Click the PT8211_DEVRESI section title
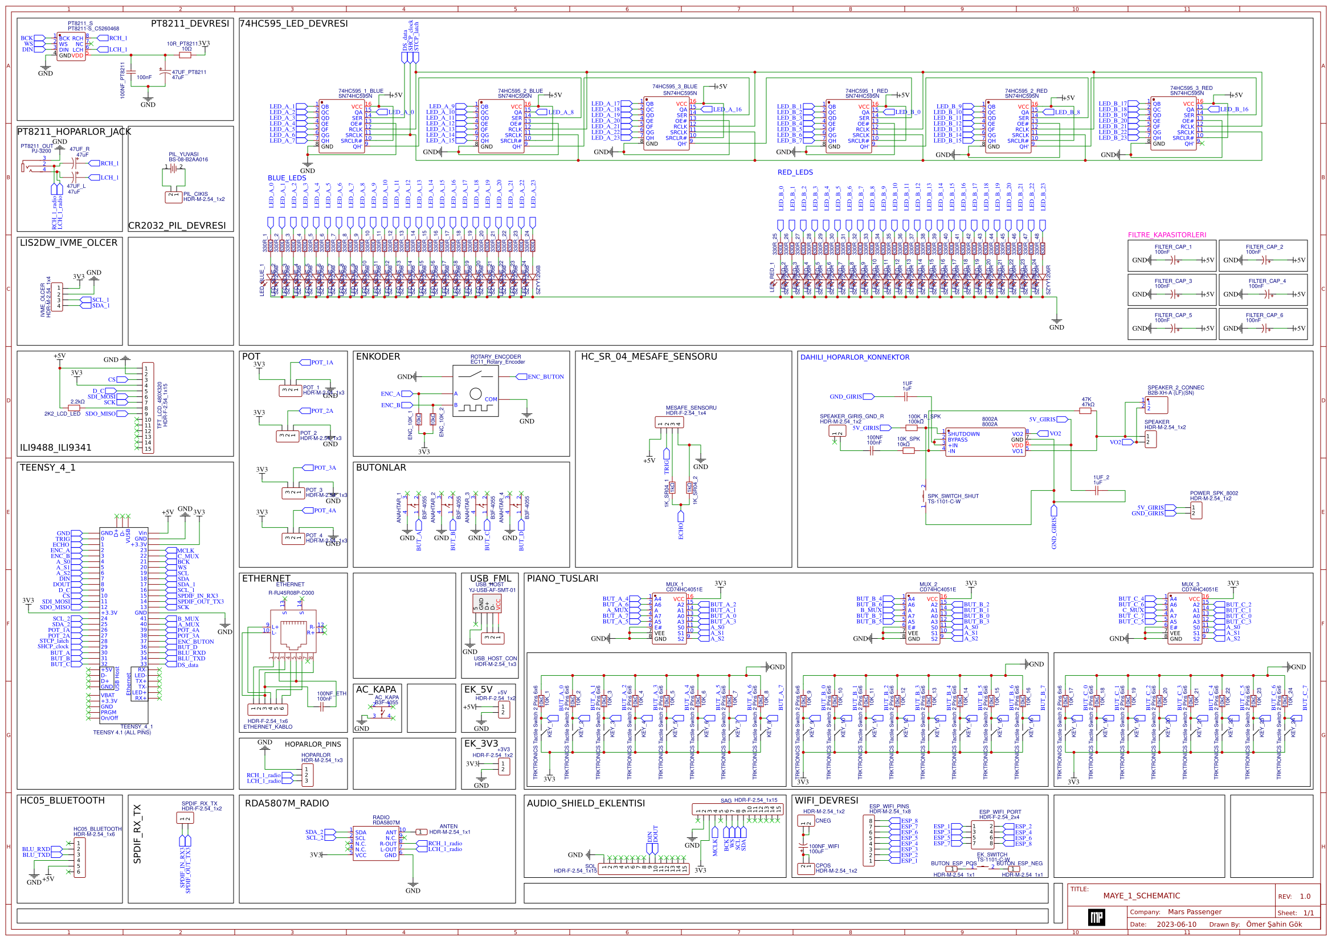pos(190,24)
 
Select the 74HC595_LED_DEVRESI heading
pos(293,24)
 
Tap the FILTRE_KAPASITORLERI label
pos(1167,235)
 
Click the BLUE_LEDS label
pos(287,178)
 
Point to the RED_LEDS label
pos(795,172)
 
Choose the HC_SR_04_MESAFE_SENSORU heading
pos(648,356)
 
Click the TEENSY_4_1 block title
pos(48,467)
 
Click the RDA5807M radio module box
pos(375,844)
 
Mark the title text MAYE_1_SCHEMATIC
pos(1141,896)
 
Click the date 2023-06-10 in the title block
pos(1176,924)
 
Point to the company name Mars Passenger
pos(1195,911)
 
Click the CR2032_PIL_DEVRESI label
pos(177,225)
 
